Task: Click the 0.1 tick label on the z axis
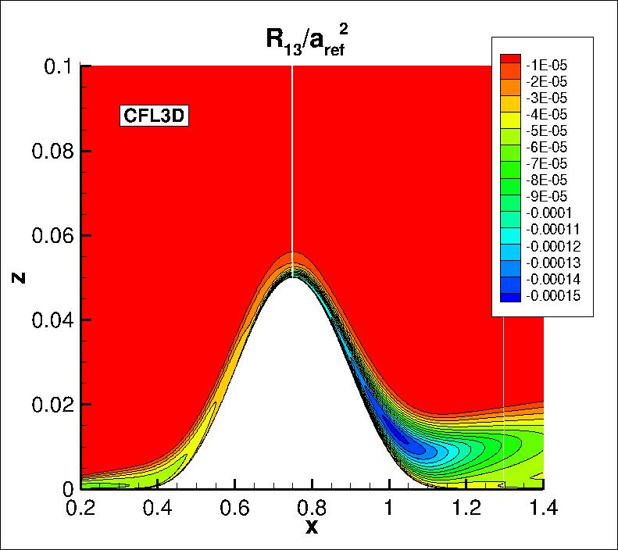click(x=59, y=66)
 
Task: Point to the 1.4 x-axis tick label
click(x=542, y=508)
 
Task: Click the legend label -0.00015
click(x=557, y=295)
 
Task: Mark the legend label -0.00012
click(x=557, y=246)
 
